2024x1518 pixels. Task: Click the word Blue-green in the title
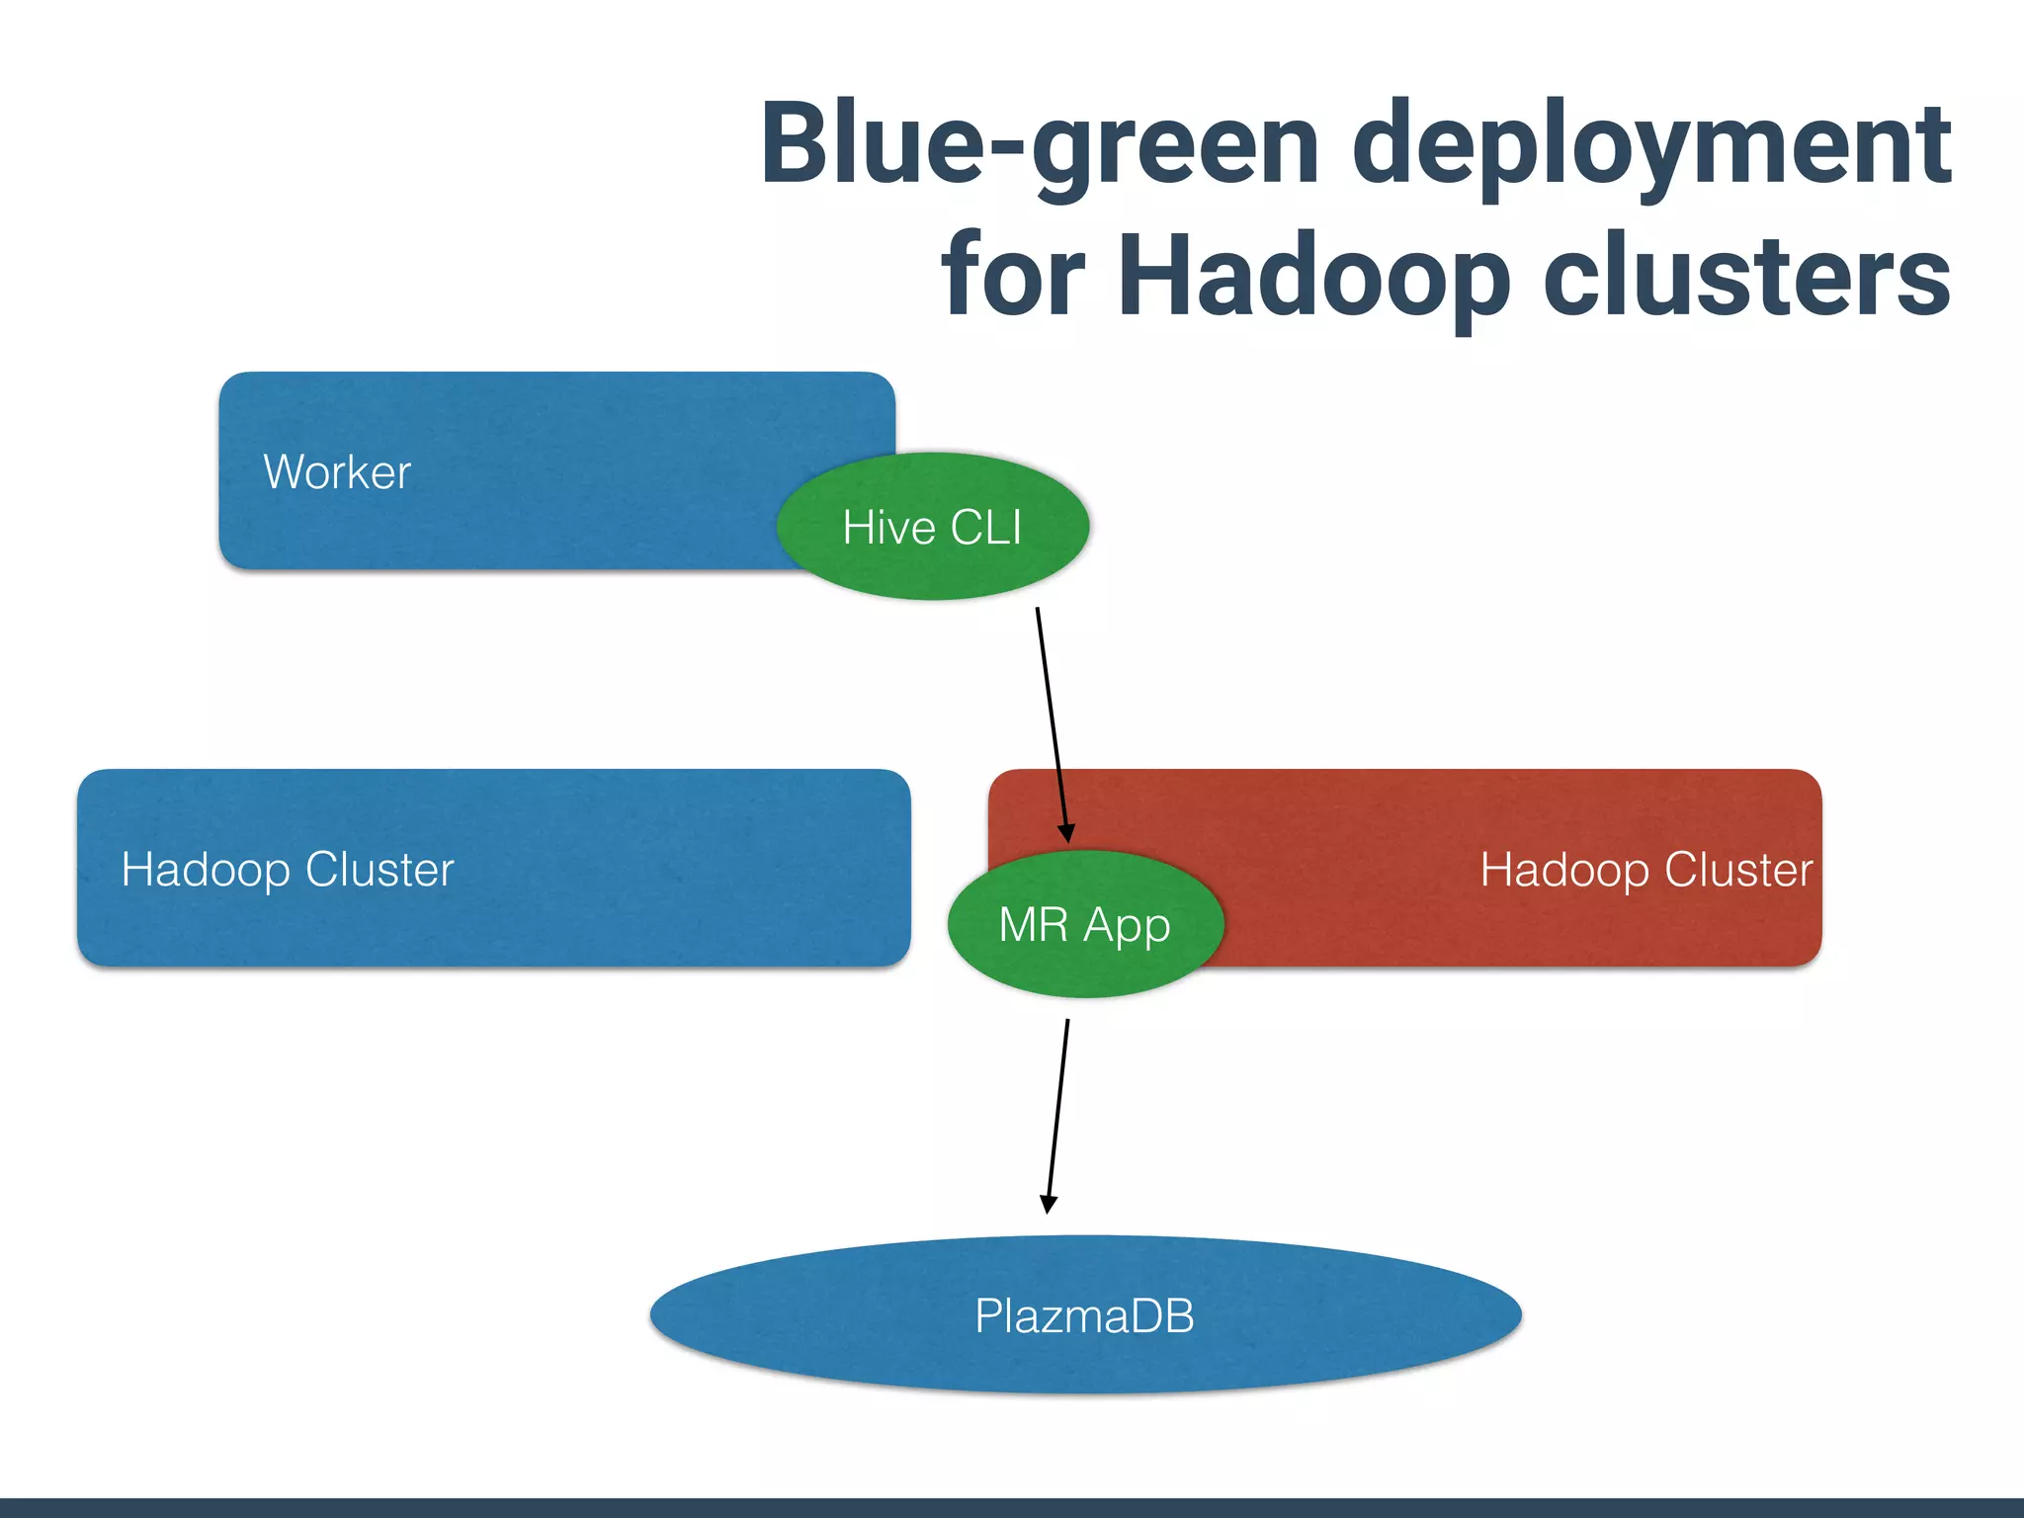coord(1038,143)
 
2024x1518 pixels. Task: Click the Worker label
coord(337,472)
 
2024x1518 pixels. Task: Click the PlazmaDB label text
coord(1084,1316)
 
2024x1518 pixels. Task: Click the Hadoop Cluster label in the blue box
coord(287,870)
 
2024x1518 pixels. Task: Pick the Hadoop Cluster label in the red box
coord(1645,870)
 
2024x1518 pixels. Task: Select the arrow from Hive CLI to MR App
coord(1052,721)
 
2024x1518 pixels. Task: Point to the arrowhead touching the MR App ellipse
coord(1066,832)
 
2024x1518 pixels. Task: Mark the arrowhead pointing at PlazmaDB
coord(1049,1203)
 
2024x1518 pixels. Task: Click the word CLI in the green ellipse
coord(985,527)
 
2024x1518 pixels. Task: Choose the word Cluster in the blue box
coord(379,870)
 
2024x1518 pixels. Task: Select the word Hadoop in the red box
coord(1564,870)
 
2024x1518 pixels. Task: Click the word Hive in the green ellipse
coord(888,527)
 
